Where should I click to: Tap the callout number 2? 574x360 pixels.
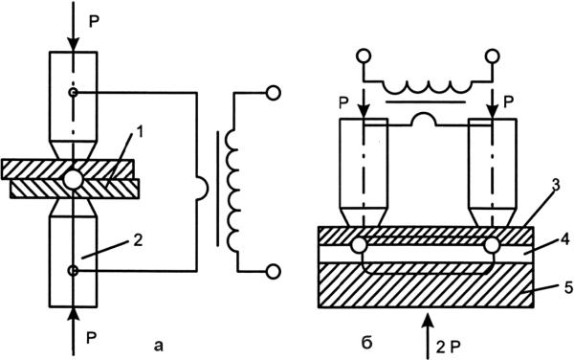[x=137, y=241]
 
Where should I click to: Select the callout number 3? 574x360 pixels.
[x=556, y=185]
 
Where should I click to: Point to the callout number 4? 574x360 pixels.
[x=564, y=240]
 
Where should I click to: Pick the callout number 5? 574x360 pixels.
[x=568, y=287]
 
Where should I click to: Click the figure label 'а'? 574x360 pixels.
[x=158, y=345]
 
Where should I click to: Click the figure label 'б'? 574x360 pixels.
[x=366, y=343]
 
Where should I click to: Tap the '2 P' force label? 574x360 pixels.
[x=448, y=347]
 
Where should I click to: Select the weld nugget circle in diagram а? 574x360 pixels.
[x=73, y=179]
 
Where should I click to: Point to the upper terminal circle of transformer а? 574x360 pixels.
[x=273, y=93]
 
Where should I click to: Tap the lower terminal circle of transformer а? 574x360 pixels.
[x=273, y=271]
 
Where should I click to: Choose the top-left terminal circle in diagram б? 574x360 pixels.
[x=364, y=56]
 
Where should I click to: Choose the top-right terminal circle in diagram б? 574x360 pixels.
[x=492, y=56]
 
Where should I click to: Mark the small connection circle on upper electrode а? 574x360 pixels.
[x=74, y=92]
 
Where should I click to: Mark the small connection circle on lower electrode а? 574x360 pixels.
[x=74, y=271]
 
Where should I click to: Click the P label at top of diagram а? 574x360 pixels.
[x=94, y=23]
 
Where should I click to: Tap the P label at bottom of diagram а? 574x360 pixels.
[x=92, y=338]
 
